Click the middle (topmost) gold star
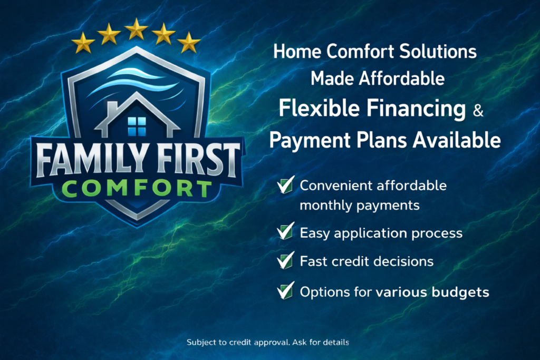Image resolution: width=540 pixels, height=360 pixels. click(x=136, y=28)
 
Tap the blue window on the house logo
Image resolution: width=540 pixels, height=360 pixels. click(x=137, y=125)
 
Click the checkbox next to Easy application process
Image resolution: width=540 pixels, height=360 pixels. click(x=286, y=232)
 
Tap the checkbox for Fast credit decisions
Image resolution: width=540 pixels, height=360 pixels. click(x=286, y=260)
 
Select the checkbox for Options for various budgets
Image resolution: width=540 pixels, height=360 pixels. click(x=286, y=291)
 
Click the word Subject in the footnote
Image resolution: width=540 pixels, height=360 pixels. click(x=201, y=343)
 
